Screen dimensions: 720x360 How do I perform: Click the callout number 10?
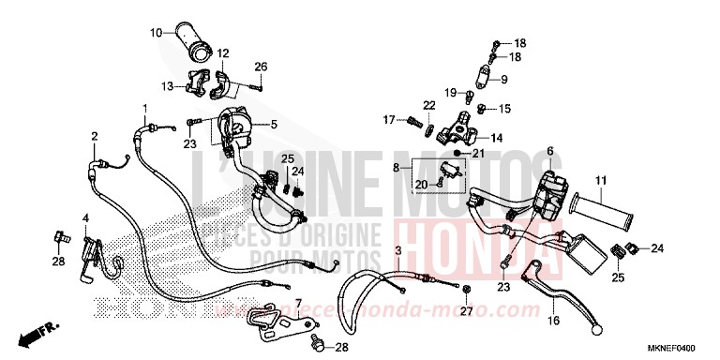(156, 34)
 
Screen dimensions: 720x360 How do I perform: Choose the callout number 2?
(95, 137)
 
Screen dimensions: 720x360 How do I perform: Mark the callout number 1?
(145, 109)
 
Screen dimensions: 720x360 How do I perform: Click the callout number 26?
(261, 67)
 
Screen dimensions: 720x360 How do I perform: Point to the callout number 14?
(496, 138)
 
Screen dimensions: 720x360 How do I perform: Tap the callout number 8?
(397, 168)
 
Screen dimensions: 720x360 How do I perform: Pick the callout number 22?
(427, 105)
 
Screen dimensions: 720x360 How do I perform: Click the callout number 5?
(274, 125)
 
